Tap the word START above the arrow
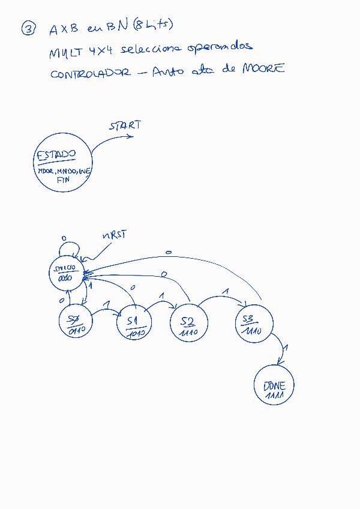[125, 125]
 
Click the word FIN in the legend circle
[64, 179]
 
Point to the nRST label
[114, 235]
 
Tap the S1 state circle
[135, 325]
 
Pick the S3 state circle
[254, 325]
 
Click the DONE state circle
[274, 385]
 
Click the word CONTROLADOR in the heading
[89, 73]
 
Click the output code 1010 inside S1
[136, 334]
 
